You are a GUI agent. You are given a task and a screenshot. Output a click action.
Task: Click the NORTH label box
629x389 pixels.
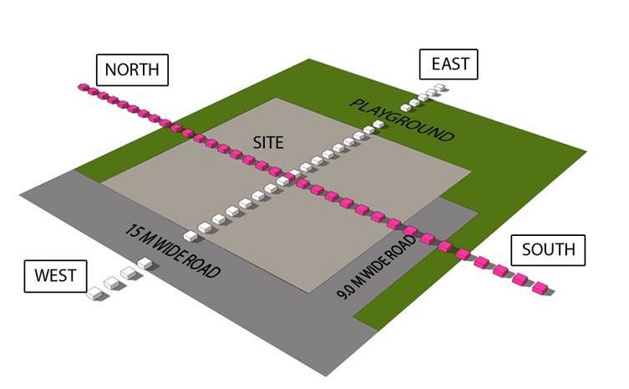(x=132, y=69)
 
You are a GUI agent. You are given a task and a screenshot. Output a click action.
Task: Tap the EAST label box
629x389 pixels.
(x=449, y=64)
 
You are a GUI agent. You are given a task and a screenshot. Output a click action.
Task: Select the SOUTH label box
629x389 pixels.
(x=548, y=249)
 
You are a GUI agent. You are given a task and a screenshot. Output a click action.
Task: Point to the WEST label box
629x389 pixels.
(x=55, y=276)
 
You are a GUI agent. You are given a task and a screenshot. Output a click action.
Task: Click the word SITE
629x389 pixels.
(x=268, y=143)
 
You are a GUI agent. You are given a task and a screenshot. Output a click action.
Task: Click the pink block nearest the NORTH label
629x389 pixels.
(x=84, y=87)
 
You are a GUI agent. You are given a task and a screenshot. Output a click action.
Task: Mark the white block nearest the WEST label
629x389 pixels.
(x=95, y=293)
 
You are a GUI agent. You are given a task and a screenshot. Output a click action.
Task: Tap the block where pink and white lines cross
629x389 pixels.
(x=285, y=177)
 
